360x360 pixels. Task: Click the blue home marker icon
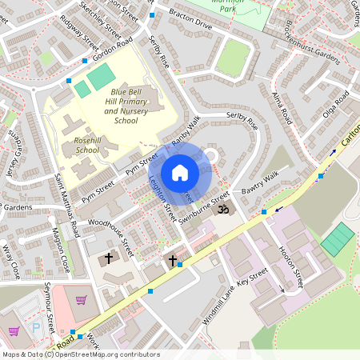pyautogui.click(x=180, y=173)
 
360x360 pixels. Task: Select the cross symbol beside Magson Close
pyautogui.click(x=109, y=258)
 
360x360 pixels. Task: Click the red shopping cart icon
pyautogui.click(x=81, y=301)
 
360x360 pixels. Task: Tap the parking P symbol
pyautogui.click(x=35, y=327)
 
